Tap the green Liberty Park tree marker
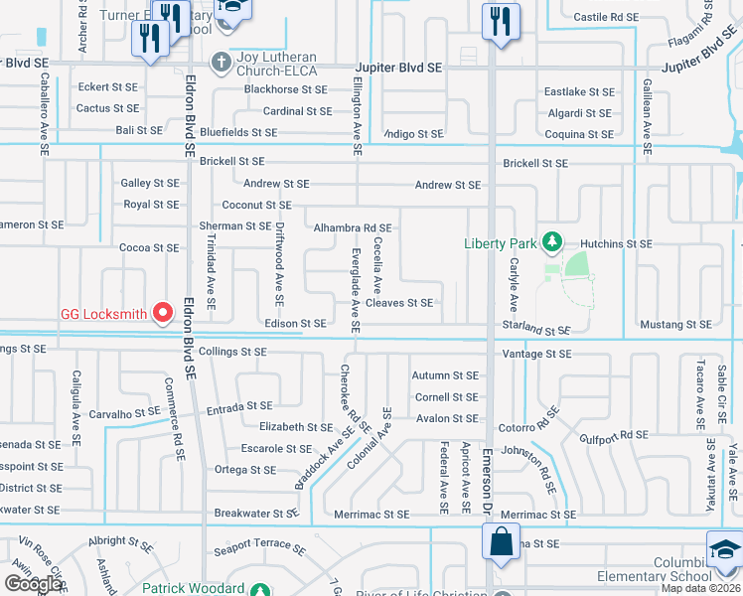(548, 242)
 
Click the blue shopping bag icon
(499, 542)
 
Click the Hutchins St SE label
(617, 243)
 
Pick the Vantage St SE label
(536, 354)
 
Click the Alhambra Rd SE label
(353, 227)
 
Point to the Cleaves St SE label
(399, 303)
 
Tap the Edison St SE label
(296, 324)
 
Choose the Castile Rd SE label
(606, 18)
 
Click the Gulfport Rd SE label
(614, 435)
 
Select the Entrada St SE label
(239, 407)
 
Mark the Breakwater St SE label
(256, 514)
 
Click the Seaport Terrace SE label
(260, 546)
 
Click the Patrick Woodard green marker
(259, 589)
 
